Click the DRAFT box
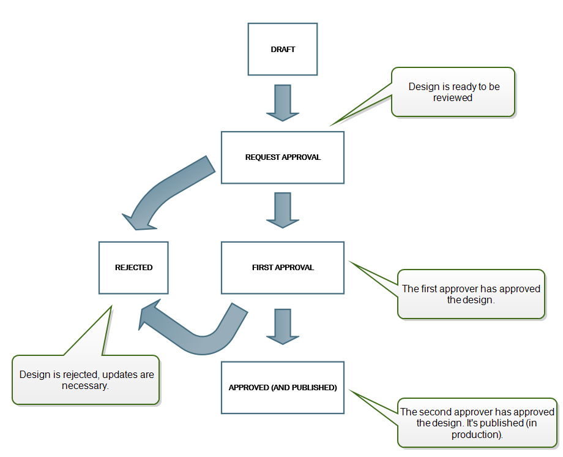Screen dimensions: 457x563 [x=282, y=49]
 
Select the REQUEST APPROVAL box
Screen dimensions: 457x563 [x=282, y=157]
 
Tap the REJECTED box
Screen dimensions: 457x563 [x=133, y=268]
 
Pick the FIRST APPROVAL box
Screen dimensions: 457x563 [x=282, y=268]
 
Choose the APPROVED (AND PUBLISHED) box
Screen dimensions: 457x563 [x=282, y=387]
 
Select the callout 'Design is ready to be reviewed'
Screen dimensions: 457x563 [x=453, y=93]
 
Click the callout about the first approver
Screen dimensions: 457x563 [x=471, y=294]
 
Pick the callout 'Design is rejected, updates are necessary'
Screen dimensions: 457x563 [x=86, y=380]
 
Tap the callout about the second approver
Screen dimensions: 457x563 [x=477, y=423]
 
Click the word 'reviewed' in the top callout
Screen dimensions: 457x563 [x=453, y=98]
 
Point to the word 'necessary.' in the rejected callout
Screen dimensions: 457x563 [x=86, y=386]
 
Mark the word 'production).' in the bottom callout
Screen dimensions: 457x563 [x=477, y=435]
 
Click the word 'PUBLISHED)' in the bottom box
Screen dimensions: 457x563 [x=315, y=388]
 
